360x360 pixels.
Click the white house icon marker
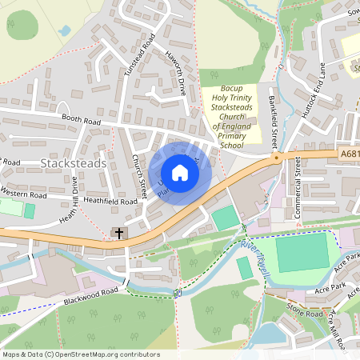click(180, 173)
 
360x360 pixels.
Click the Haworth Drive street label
click(177, 81)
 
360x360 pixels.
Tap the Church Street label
click(138, 176)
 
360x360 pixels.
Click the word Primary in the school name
click(232, 136)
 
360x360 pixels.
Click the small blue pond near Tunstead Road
click(63, 30)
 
